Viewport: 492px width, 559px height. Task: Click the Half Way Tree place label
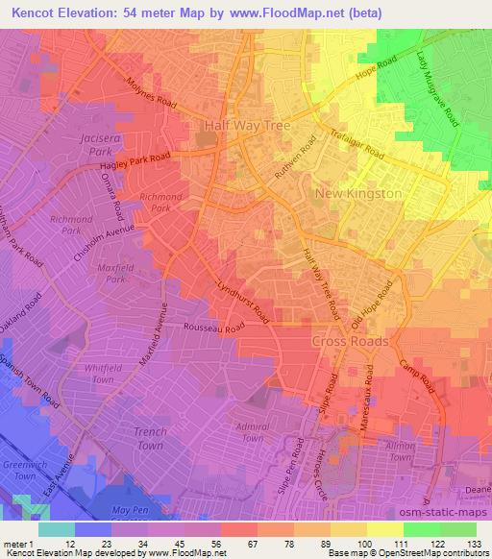tap(244, 125)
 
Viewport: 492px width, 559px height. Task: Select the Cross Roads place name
tap(350, 341)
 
